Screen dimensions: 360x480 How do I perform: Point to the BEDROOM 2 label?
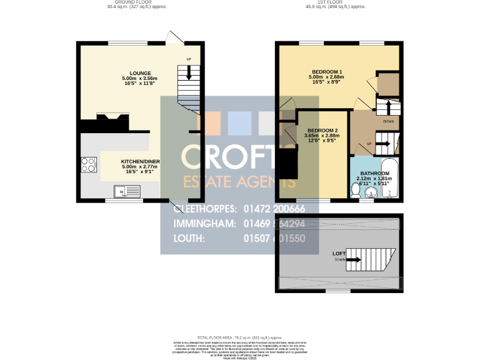tap(320, 130)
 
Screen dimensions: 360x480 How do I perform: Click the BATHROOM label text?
tap(374, 173)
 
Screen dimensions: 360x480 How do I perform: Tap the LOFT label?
tap(339, 253)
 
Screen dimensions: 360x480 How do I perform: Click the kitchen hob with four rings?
tap(88, 165)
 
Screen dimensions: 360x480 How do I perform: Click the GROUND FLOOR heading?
tap(129, 2)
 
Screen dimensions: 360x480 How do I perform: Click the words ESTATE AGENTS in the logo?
tap(238, 182)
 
